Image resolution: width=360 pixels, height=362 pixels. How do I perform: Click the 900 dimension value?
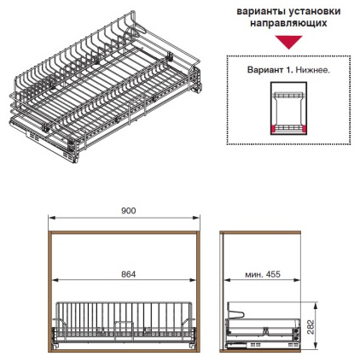coord(129,211)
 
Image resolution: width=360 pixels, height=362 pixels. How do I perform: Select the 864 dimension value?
coord(129,274)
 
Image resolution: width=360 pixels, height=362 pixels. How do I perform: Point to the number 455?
coord(273,274)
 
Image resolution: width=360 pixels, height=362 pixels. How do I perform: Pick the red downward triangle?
coord(288,41)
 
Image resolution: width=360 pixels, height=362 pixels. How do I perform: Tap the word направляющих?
coord(288,23)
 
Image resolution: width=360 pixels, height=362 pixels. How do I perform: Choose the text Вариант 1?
coord(270,70)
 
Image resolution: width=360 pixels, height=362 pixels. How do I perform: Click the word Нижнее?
coord(313,70)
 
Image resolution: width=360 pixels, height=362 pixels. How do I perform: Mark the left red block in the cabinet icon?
coord(274,129)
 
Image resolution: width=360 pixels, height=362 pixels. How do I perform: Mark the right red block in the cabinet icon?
coord(304,129)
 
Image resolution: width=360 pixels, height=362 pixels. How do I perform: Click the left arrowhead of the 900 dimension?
coord(51,218)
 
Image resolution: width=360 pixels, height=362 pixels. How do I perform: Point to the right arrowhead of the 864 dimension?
coord(193,280)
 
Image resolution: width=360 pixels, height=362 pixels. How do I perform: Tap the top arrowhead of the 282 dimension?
coord(315,306)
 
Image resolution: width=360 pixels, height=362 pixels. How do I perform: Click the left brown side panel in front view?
coord(50,291)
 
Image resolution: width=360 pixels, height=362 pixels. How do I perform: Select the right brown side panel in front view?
coord(198,291)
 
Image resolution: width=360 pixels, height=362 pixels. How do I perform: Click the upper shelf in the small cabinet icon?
coord(288,96)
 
